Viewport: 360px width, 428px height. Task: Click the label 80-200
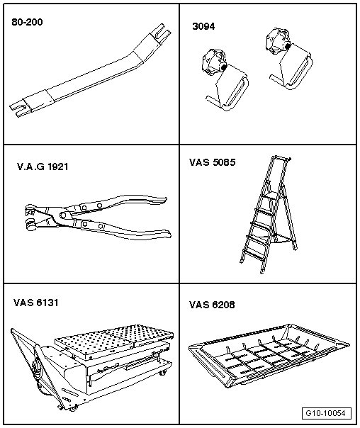tap(27, 22)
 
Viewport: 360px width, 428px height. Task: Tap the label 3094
tap(203, 26)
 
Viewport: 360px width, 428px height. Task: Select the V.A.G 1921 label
tap(43, 167)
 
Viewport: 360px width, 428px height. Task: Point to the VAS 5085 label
tap(212, 162)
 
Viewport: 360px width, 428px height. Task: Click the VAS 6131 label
tap(35, 303)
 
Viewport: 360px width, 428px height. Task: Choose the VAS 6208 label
tap(212, 305)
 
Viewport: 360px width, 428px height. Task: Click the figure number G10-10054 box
tap(327, 413)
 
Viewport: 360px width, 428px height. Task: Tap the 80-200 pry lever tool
tap(90, 74)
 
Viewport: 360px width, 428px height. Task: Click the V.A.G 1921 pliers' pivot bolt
tap(63, 215)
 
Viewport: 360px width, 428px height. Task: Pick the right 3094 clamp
tap(289, 58)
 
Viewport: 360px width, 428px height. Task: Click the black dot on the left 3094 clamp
tap(224, 67)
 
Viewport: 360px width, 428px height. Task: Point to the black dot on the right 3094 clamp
tap(288, 46)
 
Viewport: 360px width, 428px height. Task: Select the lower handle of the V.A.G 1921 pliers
tap(123, 229)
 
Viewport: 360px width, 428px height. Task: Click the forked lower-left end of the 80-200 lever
tap(18, 110)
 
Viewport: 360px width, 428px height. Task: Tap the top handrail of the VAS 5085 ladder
tap(281, 158)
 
